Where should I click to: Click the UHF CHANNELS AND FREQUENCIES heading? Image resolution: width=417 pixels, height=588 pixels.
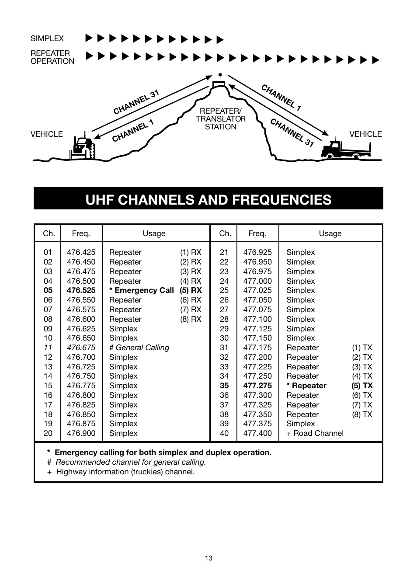(208, 199)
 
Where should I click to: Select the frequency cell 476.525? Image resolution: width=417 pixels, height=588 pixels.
(81, 290)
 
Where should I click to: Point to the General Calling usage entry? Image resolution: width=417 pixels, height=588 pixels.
(139, 348)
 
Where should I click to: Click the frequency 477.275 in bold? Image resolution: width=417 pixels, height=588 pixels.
(257, 386)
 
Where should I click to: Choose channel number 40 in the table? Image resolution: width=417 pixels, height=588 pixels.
(224, 433)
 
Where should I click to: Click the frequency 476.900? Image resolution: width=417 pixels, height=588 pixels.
(81, 433)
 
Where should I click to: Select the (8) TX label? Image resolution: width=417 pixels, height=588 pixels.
(362, 414)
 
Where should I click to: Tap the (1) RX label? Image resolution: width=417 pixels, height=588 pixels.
(191, 252)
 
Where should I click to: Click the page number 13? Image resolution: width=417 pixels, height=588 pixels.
(208, 558)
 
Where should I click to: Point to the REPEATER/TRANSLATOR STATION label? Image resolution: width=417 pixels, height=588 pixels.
(220, 119)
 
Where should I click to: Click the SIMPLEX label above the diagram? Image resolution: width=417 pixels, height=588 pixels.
(47, 38)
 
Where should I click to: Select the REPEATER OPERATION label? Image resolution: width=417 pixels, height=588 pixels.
(52, 57)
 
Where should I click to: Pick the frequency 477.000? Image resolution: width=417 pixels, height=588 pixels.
(257, 281)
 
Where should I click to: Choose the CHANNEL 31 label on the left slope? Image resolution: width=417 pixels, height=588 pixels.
(136, 102)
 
